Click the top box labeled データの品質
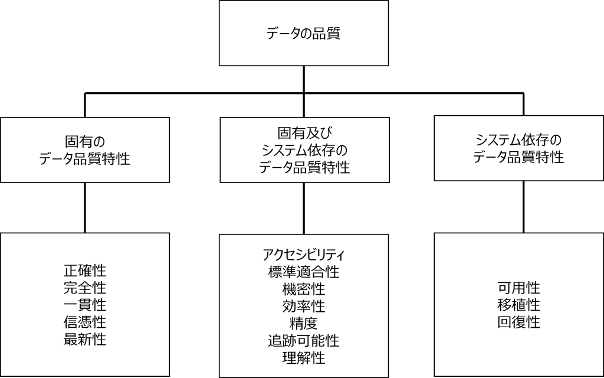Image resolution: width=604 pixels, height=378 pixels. pyautogui.click(x=304, y=33)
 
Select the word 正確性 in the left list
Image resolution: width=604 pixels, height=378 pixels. pyautogui.click(x=85, y=271)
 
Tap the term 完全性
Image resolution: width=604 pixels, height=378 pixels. pyautogui.click(x=85, y=288)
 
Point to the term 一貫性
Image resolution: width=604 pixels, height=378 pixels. pyautogui.click(x=85, y=305)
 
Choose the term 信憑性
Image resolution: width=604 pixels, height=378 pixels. pyautogui.click(x=85, y=322)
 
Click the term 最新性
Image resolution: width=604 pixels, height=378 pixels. pyautogui.click(x=85, y=340)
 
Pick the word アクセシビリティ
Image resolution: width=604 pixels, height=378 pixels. pyautogui.click(x=304, y=255)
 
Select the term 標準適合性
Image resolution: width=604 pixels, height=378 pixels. pyautogui.click(x=304, y=272)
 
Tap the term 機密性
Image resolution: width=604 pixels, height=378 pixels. pyautogui.click(x=304, y=289)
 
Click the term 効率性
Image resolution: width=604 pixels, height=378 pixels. pyautogui.click(x=304, y=307)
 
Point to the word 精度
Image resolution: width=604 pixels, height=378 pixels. pyautogui.click(x=304, y=323)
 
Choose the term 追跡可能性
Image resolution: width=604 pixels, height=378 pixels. pyautogui.click(x=304, y=341)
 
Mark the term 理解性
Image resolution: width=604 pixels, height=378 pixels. pyautogui.click(x=304, y=358)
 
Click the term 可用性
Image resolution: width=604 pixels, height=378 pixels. pyautogui.click(x=518, y=288)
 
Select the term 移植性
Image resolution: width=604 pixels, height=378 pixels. pyautogui.click(x=518, y=305)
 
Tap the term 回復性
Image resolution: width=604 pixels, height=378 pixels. pyautogui.click(x=518, y=322)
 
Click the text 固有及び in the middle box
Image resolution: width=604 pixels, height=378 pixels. pyautogui.click(x=304, y=133)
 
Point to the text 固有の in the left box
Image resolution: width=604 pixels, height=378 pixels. pyautogui.click(x=85, y=142)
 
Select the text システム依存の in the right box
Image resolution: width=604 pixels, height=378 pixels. pyautogui.click(x=518, y=139)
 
